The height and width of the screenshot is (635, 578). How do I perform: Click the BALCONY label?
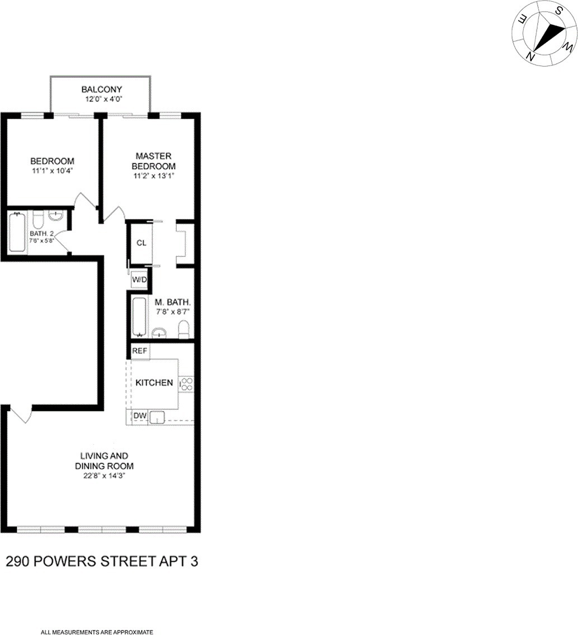[101, 90]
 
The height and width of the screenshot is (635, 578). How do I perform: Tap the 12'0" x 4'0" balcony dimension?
[101, 99]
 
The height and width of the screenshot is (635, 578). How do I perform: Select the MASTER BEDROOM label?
[153, 161]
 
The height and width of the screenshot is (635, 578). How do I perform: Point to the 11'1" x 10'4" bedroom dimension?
[52, 171]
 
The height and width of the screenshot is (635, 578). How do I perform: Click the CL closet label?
[141, 243]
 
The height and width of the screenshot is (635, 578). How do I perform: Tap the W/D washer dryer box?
[138, 279]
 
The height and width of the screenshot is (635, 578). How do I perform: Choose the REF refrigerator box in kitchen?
[139, 351]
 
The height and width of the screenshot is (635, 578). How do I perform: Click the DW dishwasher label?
[139, 416]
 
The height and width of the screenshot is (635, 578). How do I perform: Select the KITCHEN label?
[154, 383]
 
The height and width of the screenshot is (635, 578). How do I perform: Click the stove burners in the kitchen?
[186, 384]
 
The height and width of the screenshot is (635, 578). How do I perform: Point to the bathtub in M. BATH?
[139, 317]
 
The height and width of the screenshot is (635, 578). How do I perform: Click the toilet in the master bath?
[183, 330]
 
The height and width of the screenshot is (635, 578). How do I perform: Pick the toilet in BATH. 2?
[38, 217]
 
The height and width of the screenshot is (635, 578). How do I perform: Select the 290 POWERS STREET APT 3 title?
[101, 562]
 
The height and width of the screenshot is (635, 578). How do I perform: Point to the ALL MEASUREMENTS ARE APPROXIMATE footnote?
[97, 632]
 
